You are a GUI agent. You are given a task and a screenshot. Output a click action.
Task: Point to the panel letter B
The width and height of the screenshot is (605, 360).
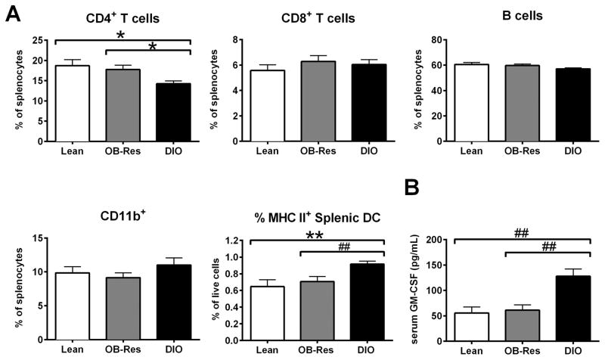pos(413,187)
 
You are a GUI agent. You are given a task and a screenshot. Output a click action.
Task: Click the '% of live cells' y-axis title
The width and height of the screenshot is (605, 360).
pos(219,291)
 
